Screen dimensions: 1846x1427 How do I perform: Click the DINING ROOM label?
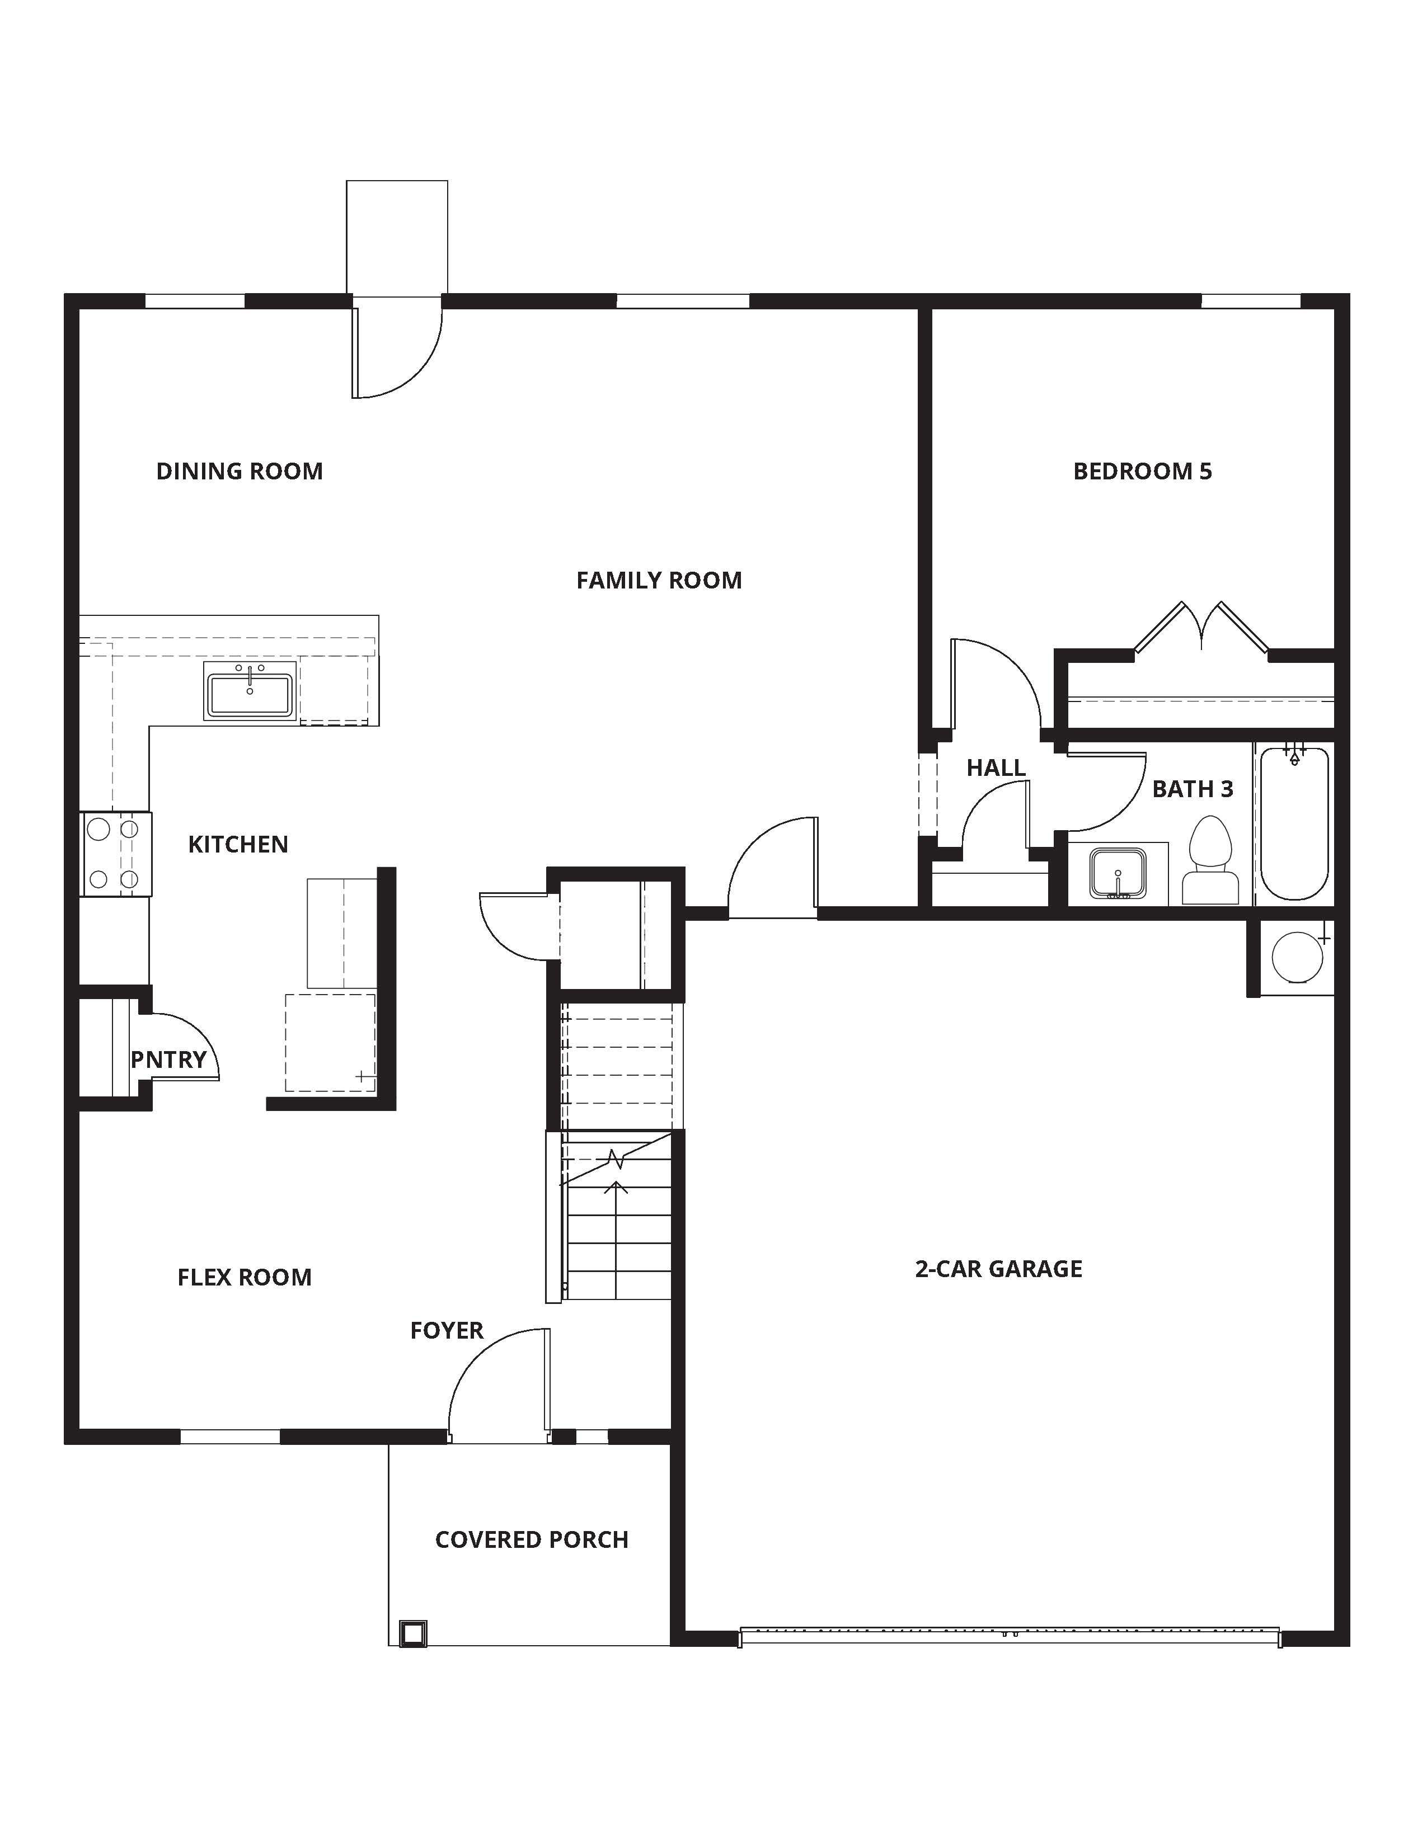click(x=240, y=471)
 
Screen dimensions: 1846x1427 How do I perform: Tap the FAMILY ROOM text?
click(x=659, y=580)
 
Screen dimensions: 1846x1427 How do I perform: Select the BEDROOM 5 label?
click(x=1142, y=471)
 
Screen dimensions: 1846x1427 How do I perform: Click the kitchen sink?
click(x=250, y=691)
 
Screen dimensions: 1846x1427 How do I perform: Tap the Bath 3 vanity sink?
click(x=1118, y=874)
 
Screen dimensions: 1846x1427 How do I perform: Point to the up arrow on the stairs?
click(x=616, y=1190)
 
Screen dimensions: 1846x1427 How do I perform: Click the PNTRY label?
click(x=169, y=1059)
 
